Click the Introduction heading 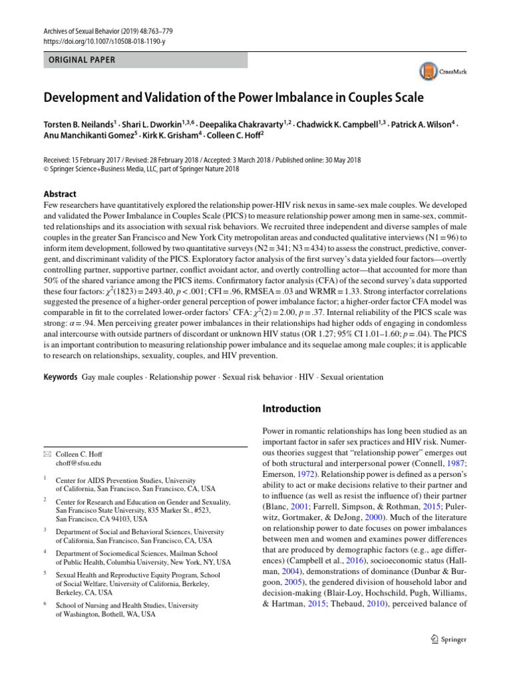(x=292, y=408)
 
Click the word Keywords (x=61, y=377)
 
